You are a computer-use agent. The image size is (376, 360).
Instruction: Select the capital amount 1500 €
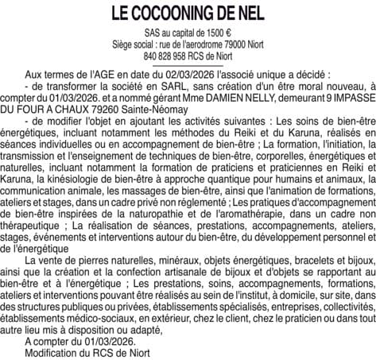219,35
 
